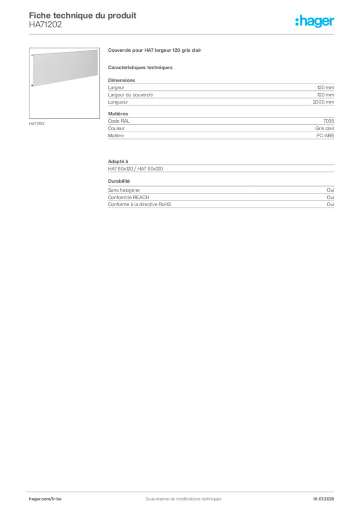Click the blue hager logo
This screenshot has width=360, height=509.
tap(315, 22)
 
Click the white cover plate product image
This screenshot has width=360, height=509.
tap(65, 68)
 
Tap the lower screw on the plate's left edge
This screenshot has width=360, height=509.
tap(32, 85)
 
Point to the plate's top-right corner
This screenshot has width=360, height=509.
tap(98, 50)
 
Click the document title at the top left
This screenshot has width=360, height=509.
tap(82, 14)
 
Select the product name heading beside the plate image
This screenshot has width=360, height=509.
tap(155, 50)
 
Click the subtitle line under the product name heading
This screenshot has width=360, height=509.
tap(141, 68)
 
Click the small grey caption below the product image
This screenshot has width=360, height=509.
tap(38, 124)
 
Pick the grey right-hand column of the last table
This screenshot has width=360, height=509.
tap(332, 199)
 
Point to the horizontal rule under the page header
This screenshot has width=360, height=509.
tap(182, 34)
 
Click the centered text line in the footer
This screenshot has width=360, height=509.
tap(180, 496)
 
